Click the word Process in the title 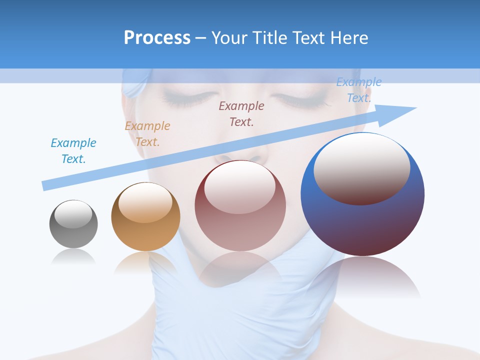(x=157, y=38)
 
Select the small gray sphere (x=73, y=224)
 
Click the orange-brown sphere (x=145, y=216)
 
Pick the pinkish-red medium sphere (x=240, y=206)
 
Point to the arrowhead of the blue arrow (x=400, y=112)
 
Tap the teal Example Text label (x=73, y=151)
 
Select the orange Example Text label (x=147, y=134)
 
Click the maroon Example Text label (x=241, y=114)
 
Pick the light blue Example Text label (x=358, y=90)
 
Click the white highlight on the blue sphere (x=361, y=167)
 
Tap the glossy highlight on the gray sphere (x=73, y=214)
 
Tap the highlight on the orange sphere (x=145, y=202)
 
